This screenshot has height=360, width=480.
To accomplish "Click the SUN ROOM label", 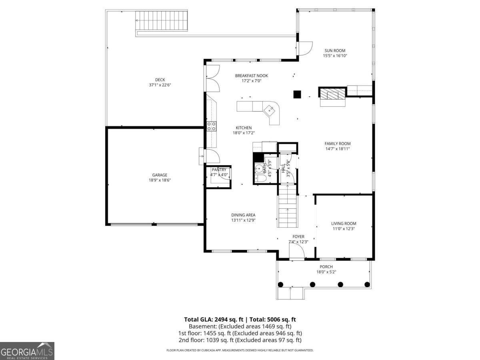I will (335, 50).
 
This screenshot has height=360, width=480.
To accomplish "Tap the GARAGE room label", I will (160, 175).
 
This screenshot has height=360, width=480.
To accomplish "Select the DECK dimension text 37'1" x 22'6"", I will (160, 85).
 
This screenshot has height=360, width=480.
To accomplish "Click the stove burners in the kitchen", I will (212, 126).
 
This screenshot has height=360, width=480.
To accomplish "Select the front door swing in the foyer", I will (296, 252).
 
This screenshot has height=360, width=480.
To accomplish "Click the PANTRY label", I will (219, 170).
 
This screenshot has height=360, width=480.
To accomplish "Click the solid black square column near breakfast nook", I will (297, 94).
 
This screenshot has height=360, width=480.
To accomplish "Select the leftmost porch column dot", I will (280, 284).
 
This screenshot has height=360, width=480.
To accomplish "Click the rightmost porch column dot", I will (367, 284).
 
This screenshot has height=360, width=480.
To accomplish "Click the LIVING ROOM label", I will (344, 224).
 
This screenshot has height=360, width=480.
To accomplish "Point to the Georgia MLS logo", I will (27, 351).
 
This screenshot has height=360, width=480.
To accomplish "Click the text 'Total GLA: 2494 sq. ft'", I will (214, 319).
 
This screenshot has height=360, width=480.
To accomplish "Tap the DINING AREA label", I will (243, 215).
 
